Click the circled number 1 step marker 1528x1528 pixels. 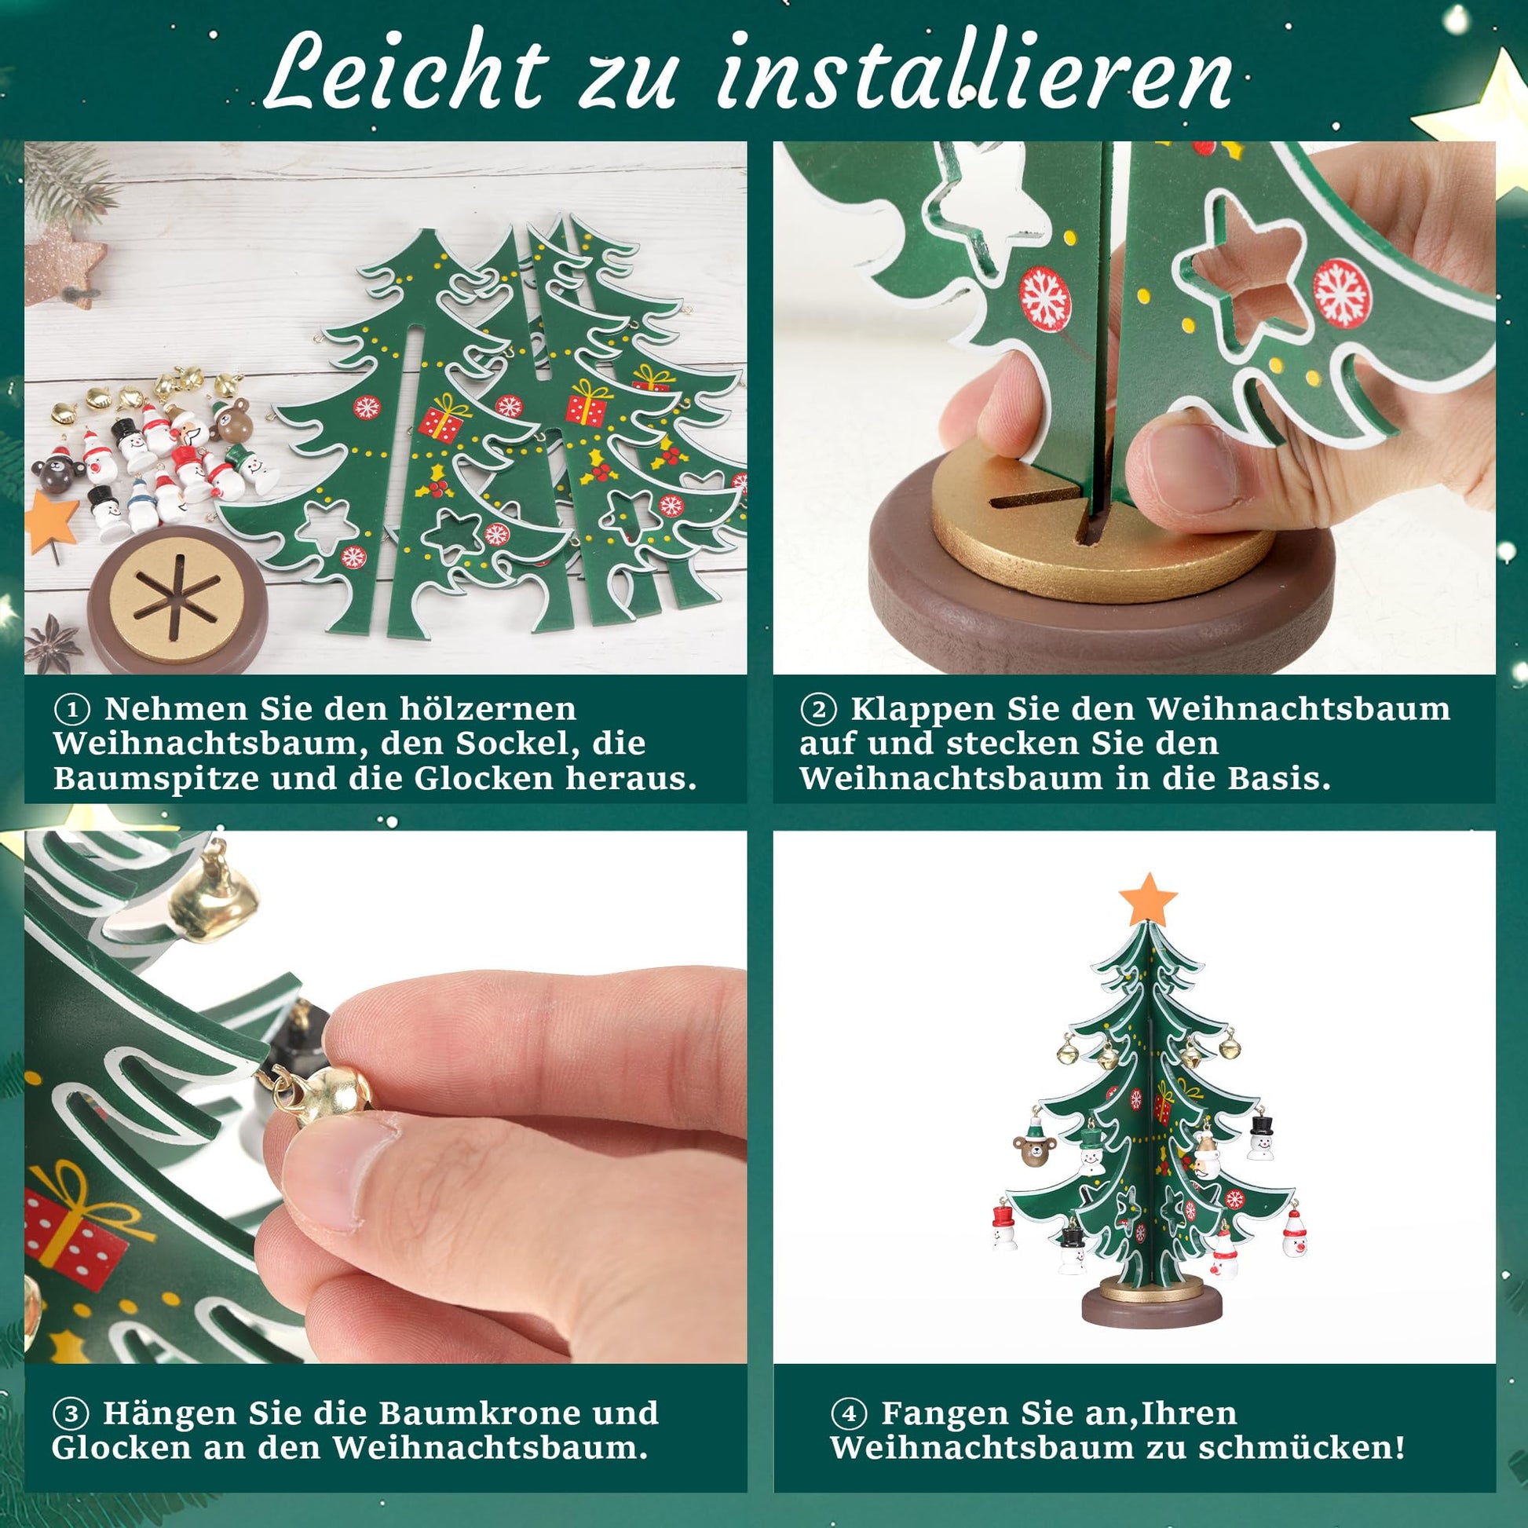tap(72, 711)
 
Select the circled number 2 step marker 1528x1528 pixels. tap(818, 711)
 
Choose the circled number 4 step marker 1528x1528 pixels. tap(850, 1413)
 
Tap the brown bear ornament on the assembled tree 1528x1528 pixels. tap(1032, 1150)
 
